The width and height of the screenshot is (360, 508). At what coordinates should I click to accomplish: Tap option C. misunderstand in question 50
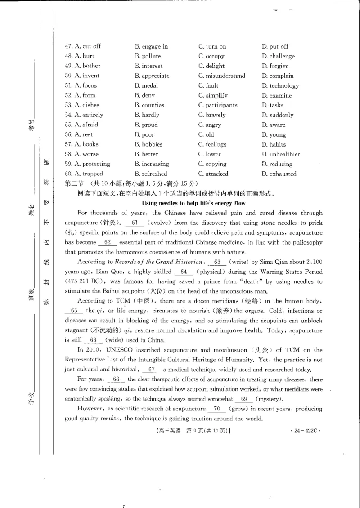(x=221, y=76)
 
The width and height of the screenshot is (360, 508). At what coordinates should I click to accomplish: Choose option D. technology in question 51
(x=280, y=85)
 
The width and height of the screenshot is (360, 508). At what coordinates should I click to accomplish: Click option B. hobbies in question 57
(x=148, y=144)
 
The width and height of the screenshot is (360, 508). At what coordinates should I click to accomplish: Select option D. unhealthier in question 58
(x=281, y=154)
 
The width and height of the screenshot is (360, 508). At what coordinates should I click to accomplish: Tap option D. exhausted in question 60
(x=279, y=174)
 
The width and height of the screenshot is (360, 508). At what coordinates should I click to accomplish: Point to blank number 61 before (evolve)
(x=134, y=223)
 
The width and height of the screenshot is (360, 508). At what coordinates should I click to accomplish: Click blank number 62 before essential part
(x=108, y=242)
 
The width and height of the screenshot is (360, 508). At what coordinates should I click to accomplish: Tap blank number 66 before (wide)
(x=93, y=340)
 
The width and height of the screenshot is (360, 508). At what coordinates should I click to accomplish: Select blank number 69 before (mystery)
(x=244, y=399)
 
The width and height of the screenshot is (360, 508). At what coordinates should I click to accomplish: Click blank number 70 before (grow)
(x=217, y=409)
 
